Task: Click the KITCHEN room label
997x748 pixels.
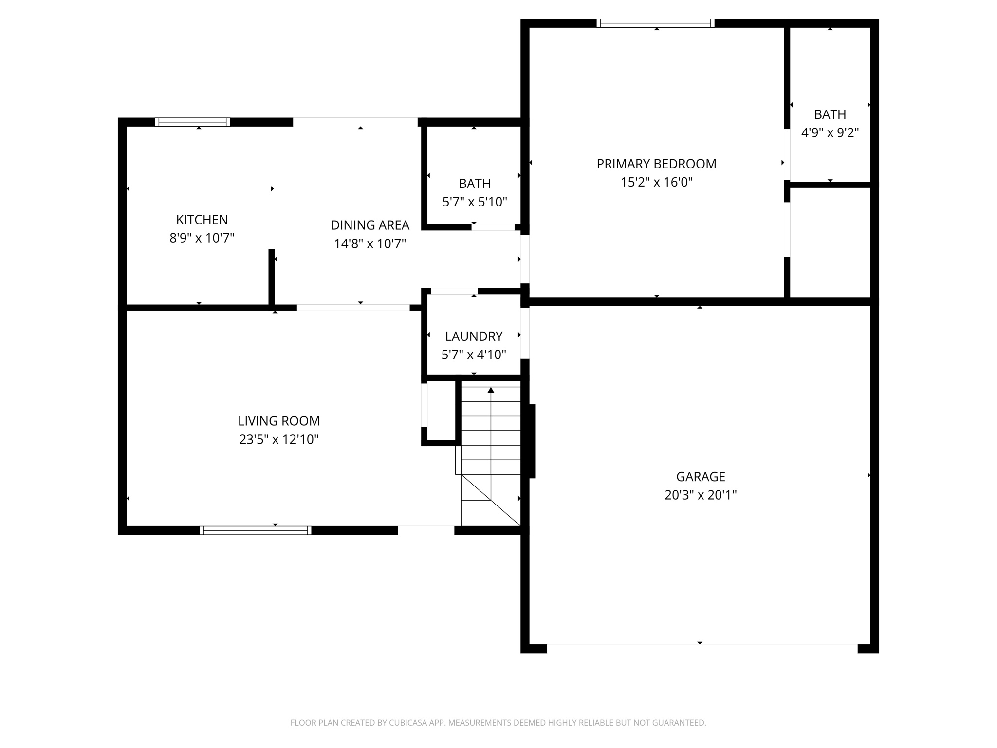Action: (202, 220)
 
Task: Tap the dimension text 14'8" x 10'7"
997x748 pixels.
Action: (369, 243)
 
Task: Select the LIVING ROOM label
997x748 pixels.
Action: (278, 421)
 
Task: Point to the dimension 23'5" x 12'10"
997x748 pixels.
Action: (278, 439)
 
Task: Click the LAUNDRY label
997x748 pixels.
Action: (474, 336)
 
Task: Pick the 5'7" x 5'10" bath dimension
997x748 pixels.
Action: (474, 202)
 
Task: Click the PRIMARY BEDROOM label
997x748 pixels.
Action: (656, 164)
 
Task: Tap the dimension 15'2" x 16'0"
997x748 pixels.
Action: (656, 182)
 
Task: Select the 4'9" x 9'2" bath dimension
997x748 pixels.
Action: (830, 132)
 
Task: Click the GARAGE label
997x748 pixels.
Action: (700, 476)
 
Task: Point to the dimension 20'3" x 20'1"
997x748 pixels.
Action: (700, 495)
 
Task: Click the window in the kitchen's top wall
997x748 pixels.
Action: (192, 122)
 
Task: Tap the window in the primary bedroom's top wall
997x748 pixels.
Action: (655, 23)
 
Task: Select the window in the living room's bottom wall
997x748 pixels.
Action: (255, 530)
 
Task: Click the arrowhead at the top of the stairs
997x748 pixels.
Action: (491, 390)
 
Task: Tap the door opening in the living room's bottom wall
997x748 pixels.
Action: (426, 530)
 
